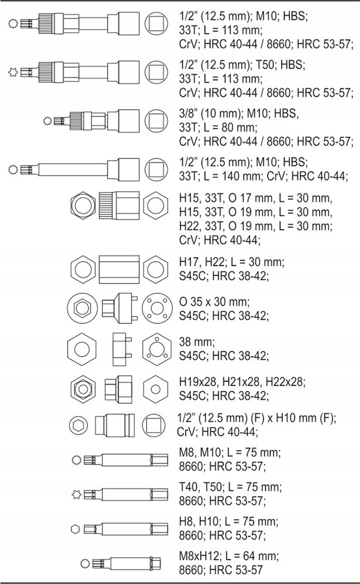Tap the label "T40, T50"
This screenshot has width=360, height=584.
click(200, 487)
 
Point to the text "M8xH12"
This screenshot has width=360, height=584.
click(198, 555)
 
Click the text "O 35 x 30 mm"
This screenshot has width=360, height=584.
click(214, 302)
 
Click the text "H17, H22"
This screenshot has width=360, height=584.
click(200, 263)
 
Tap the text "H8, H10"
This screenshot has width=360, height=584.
click(199, 521)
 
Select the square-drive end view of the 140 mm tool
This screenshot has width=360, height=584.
click(155, 170)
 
